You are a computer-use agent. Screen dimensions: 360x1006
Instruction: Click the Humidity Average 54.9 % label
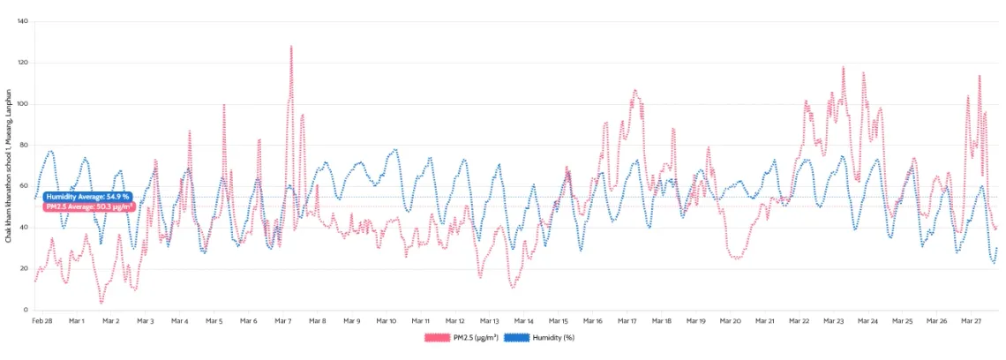pyautogui.click(x=87, y=196)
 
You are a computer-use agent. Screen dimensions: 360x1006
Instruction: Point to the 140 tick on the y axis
pyautogui.click(x=22, y=21)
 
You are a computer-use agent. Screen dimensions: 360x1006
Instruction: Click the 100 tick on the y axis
pyautogui.click(x=22, y=104)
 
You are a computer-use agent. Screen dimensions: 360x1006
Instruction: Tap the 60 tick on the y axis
pyautogui.click(x=24, y=186)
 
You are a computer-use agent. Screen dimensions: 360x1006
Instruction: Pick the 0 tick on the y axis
pyautogui.click(x=26, y=311)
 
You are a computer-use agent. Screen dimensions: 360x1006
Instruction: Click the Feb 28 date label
pyautogui.click(x=41, y=321)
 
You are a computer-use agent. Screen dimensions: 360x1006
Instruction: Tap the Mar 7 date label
pyautogui.click(x=283, y=321)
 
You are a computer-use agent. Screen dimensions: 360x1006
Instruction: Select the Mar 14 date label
pyautogui.click(x=524, y=321)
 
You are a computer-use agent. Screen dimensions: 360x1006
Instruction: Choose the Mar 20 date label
pyautogui.click(x=731, y=321)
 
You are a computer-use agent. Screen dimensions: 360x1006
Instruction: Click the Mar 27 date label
pyautogui.click(x=972, y=321)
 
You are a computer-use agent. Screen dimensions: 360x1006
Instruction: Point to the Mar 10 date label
pyautogui.click(x=387, y=321)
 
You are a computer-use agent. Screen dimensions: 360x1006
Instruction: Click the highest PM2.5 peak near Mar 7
pyautogui.click(x=291, y=47)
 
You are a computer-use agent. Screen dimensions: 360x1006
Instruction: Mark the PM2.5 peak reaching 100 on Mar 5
pyautogui.click(x=224, y=105)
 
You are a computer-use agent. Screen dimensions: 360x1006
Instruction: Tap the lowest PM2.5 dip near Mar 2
pyautogui.click(x=101, y=302)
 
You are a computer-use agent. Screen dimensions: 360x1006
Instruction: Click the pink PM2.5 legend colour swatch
pyautogui.click(x=437, y=338)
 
